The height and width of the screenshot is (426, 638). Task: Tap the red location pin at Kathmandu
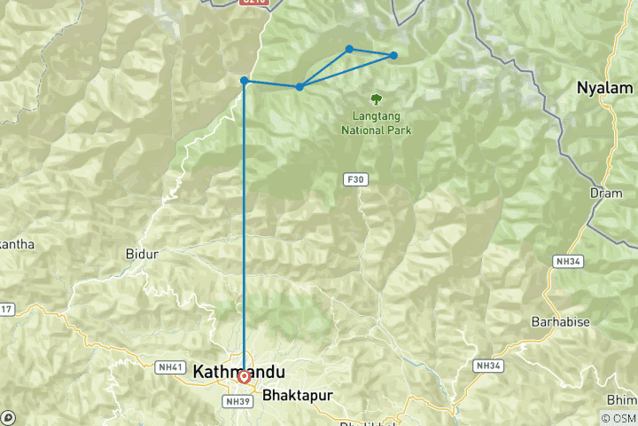244,376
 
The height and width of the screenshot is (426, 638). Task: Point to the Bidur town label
142,254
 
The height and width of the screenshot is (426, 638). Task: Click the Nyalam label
605,88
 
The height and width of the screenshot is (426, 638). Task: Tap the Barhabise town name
560,320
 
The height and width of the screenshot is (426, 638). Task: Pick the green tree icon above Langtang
377,100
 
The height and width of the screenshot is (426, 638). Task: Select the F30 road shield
355,179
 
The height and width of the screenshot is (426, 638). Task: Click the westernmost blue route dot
244,81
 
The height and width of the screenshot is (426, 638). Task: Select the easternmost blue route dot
393,56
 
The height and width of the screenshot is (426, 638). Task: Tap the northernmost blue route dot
349,49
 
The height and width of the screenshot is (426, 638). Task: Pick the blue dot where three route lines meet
300,86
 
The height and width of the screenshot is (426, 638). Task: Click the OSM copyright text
618,417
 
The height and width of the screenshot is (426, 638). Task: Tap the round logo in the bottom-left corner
9,417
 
